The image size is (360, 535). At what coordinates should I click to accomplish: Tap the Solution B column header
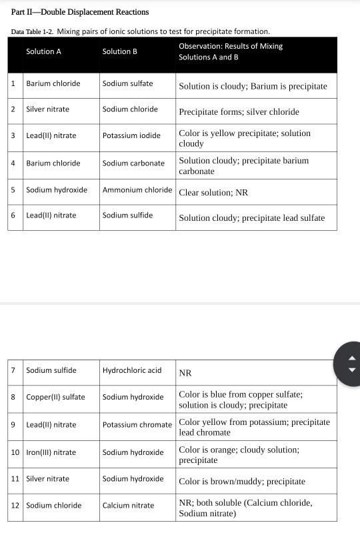[x=120, y=51]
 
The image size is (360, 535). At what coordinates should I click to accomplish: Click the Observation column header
[x=231, y=51]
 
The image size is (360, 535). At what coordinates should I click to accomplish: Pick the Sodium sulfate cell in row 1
[x=127, y=83]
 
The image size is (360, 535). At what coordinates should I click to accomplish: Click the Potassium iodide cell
[x=131, y=135]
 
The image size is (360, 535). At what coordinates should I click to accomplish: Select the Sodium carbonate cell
[x=133, y=163]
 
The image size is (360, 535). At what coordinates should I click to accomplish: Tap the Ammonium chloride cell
[x=137, y=190]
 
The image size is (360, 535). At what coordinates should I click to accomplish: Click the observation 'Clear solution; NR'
[x=213, y=193]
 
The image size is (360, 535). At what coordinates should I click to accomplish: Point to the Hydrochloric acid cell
[x=132, y=370]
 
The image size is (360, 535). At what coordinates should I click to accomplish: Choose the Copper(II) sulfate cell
[x=55, y=397]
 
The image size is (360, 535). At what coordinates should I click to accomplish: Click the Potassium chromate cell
[x=137, y=424]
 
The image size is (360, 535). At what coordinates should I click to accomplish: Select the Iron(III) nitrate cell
[x=51, y=452]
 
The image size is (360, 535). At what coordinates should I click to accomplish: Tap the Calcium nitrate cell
[x=128, y=505]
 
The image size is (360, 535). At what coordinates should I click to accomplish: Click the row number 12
[x=15, y=505]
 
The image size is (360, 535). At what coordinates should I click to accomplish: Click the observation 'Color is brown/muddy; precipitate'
[x=242, y=481]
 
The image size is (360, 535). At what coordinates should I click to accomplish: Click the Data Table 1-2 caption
[x=140, y=31]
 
